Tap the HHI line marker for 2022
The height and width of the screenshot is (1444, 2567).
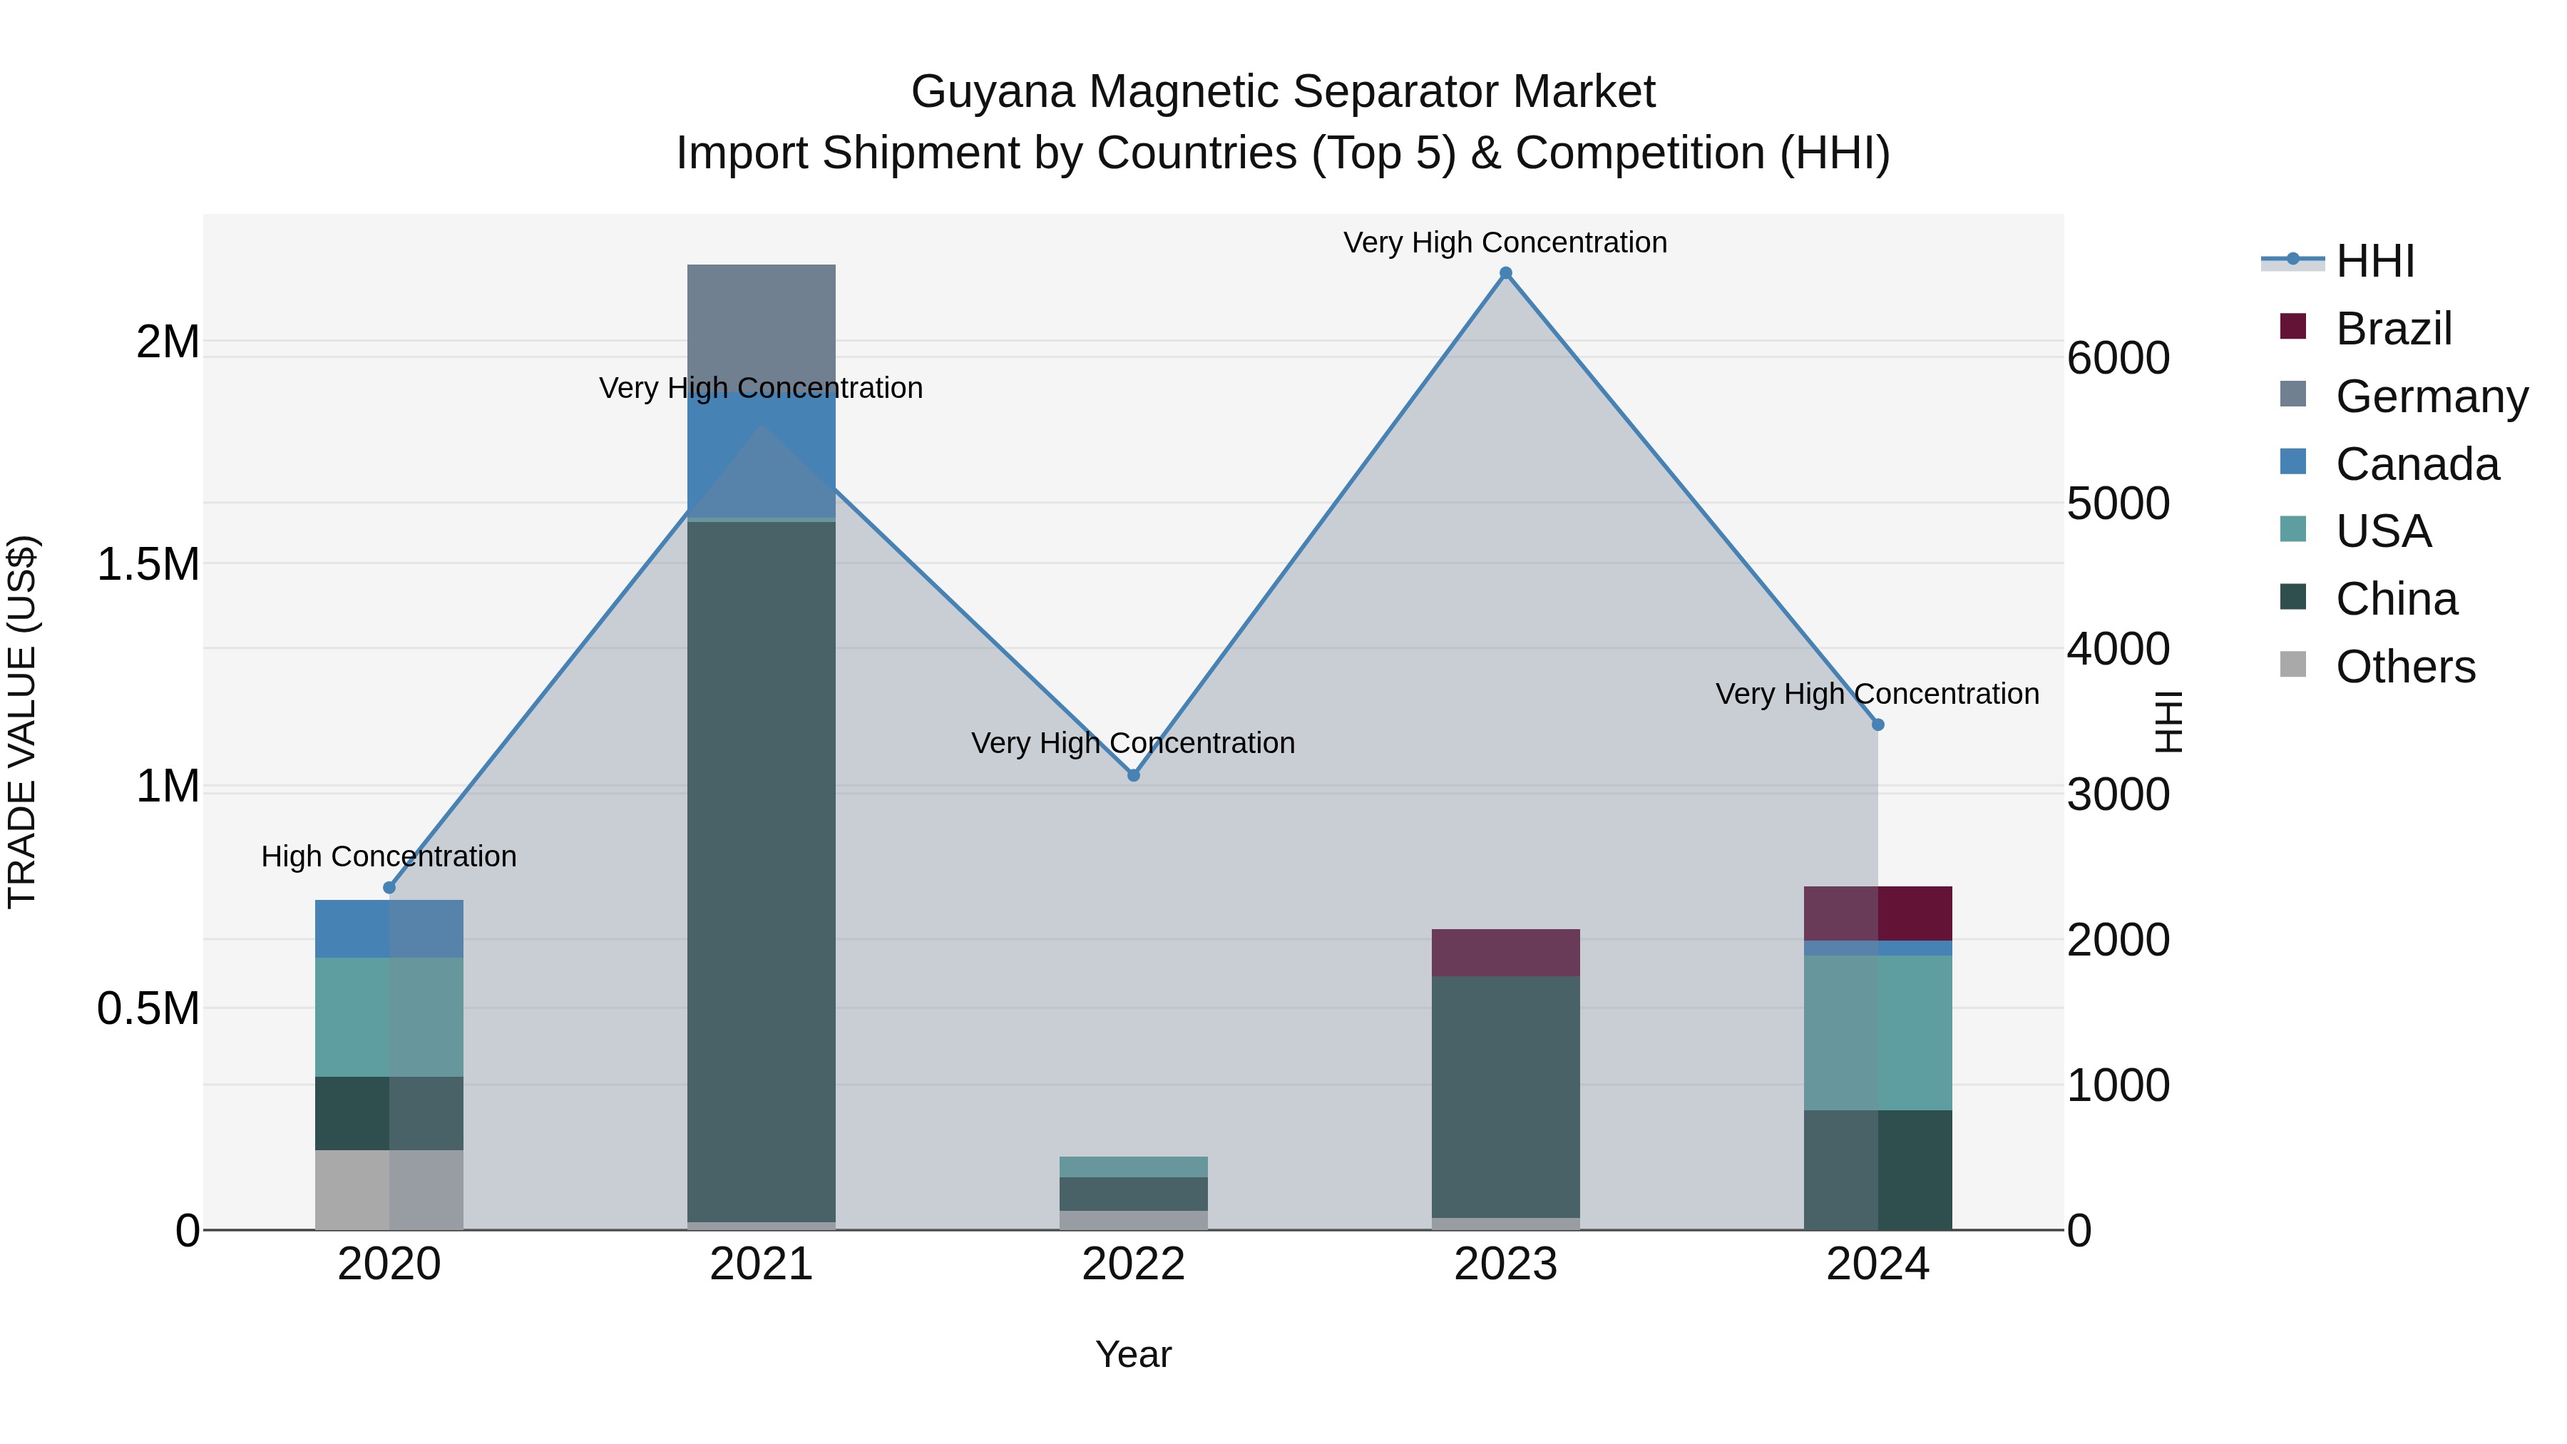[x=1133, y=775]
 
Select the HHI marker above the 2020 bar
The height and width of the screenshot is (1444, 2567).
[x=389, y=888]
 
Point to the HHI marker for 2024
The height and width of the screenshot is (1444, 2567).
[x=1877, y=724]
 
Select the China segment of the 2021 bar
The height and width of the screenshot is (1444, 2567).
[x=762, y=867]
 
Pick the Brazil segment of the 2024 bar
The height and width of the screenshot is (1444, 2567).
[x=1877, y=913]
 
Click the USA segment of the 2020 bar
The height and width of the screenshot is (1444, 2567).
[x=389, y=1016]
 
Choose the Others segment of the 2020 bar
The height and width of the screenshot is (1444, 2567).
[x=389, y=1189]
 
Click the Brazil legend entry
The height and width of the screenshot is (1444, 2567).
[x=2392, y=329]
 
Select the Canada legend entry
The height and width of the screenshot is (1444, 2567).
[x=2416, y=464]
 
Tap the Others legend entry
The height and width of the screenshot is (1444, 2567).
[x=2404, y=667]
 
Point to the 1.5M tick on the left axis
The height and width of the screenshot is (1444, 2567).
[x=148, y=564]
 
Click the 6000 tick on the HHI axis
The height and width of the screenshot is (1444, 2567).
[x=2118, y=359]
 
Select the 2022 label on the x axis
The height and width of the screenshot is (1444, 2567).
[x=1133, y=1264]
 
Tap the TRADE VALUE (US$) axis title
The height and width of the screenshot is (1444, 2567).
[x=22, y=722]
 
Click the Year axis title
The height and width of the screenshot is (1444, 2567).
[x=1133, y=1354]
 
